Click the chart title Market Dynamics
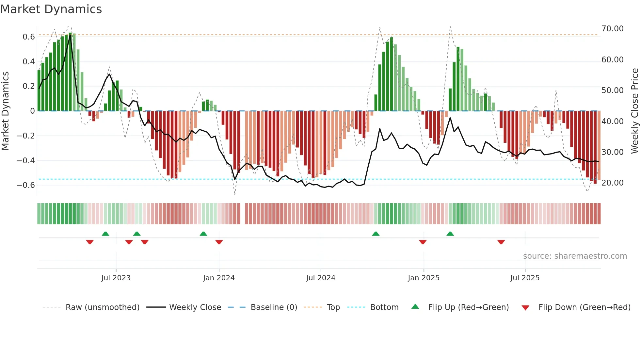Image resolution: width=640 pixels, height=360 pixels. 51,9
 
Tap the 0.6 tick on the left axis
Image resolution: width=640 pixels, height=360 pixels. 28,37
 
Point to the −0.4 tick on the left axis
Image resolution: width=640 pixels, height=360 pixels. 26,160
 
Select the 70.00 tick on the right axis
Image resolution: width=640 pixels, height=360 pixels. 612,29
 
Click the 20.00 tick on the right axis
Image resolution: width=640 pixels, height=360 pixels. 612,183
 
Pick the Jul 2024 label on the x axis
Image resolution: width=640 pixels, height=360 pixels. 320,278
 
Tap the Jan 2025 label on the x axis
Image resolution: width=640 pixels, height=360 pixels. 424,278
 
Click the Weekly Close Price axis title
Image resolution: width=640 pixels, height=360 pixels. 634,111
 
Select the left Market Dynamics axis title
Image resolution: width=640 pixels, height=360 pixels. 5,111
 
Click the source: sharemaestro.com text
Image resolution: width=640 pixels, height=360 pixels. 575,256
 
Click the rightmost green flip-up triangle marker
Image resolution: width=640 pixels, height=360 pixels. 450,234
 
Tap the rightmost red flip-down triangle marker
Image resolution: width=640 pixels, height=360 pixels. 501,242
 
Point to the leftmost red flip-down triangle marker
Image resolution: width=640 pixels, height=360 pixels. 90,242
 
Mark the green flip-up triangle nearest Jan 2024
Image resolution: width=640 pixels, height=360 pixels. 203,234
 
